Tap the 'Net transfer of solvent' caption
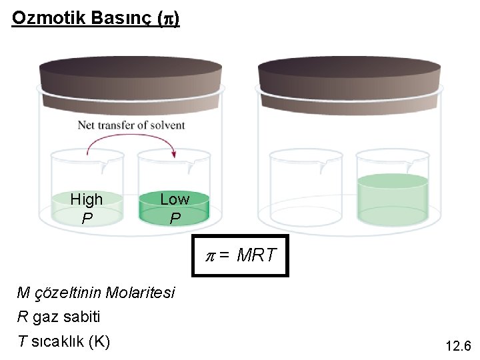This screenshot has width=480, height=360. [x=131, y=125]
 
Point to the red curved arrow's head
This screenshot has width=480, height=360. [x=176, y=155]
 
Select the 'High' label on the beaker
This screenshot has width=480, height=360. [x=87, y=199]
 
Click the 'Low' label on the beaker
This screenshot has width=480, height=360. [x=175, y=199]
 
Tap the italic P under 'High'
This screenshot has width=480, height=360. [x=87, y=218]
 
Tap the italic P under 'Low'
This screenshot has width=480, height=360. [x=175, y=218]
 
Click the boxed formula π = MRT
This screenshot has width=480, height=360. [x=241, y=255]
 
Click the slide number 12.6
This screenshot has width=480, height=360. [x=457, y=346]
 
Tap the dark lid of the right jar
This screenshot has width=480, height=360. [x=349, y=75]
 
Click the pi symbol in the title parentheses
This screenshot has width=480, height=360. [x=167, y=19]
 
